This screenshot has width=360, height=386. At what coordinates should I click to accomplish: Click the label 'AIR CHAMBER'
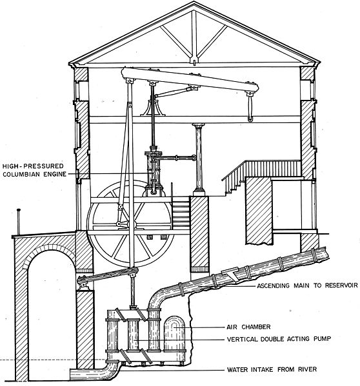pyautogui.click(x=248, y=327)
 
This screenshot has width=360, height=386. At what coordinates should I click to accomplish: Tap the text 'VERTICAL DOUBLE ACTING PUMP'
pyautogui.click(x=279, y=339)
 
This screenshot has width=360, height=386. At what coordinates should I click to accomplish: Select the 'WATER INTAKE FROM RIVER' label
pyautogui.click(x=272, y=369)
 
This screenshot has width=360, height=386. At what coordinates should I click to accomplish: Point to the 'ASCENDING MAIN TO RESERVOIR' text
pyautogui.click(x=307, y=285)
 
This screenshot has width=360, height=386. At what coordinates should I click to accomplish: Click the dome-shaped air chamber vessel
pyautogui.click(x=174, y=333)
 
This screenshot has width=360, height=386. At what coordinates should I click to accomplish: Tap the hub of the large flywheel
pyautogui.click(x=130, y=224)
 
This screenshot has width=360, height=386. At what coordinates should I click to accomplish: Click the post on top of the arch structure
pyautogui.click(x=19, y=222)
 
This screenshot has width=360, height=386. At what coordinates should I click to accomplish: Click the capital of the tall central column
pyautogui.click(x=199, y=126)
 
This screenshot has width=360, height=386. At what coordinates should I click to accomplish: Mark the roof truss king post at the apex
pyautogui.click(x=194, y=37)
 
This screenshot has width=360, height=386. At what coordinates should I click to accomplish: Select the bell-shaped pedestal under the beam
pyautogui.click(x=153, y=108)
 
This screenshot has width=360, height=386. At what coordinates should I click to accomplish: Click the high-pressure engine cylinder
pyautogui.click(x=153, y=172)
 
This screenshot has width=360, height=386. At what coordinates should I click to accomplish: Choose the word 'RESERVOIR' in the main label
pyautogui.click(x=341, y=285)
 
